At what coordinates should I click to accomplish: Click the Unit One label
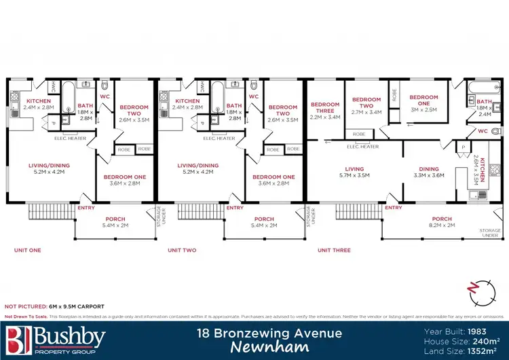pos(28,250)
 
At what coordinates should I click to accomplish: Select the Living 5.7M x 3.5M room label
pos(354,173)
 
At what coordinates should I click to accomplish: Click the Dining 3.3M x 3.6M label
pos(428,173)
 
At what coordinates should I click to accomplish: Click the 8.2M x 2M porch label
pos(442,222)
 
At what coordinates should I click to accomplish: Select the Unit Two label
pos(182,250)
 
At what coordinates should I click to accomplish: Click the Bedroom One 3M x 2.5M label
pos(423,102)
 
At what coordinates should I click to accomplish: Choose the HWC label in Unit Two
pos(202,86)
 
